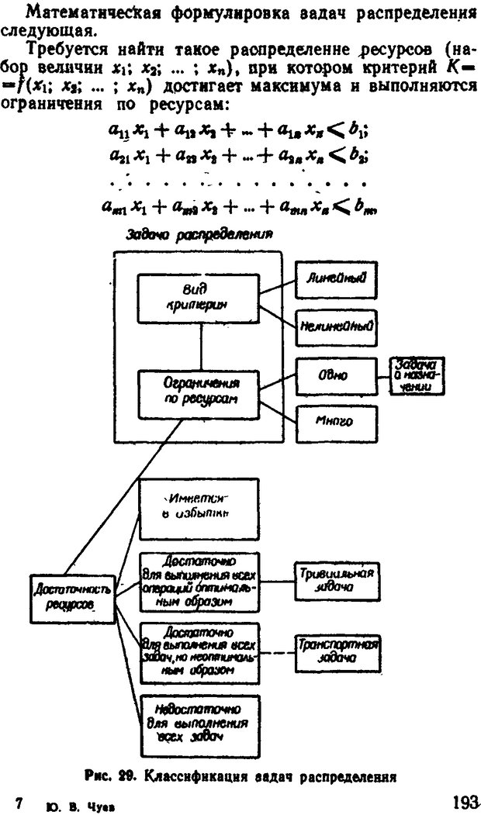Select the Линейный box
click(x=335, y=277)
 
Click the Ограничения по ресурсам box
click(x=200, y=391)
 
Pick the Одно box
click(x=335, y=375)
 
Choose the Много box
click(x=335, y=423)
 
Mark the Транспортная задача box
click(x=337, y=649)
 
